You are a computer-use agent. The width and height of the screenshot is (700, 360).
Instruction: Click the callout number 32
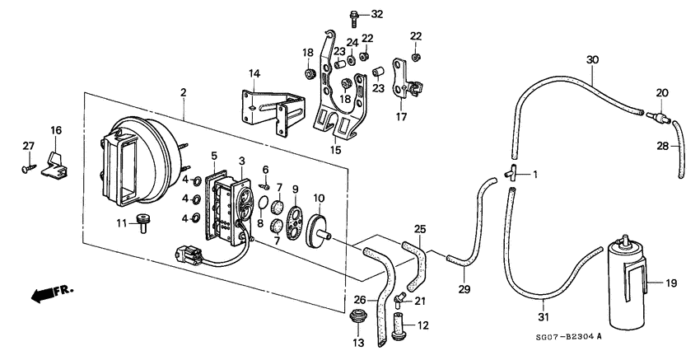coord(377,14)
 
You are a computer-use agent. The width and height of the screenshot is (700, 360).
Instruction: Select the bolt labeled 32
coord(354,17)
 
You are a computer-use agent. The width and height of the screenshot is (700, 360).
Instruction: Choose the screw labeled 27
coord(28,168)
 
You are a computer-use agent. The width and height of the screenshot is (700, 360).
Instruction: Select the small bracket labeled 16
coord(57,164)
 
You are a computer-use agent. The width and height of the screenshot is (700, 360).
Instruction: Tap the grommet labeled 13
coord(356,316)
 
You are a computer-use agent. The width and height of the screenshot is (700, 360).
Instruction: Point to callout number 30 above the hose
coord(592,60)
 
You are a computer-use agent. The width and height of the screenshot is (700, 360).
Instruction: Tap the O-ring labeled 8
coord(264,203)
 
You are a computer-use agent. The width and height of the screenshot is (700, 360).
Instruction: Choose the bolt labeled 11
coord(144,222)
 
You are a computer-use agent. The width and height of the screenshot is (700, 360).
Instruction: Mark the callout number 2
coord(183,92)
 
